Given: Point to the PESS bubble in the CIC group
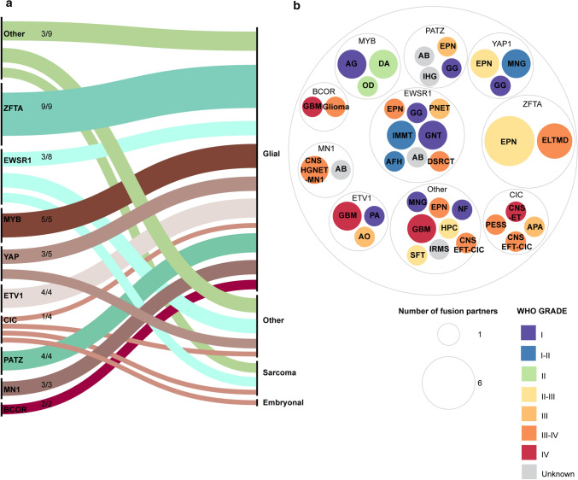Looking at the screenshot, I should click(x=493, y=224).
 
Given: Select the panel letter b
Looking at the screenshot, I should click(x=295, y=7).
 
